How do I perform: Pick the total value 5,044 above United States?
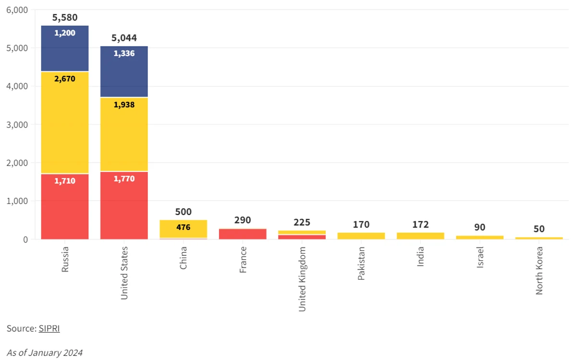[x=124, y=38]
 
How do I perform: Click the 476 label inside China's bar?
[x=183, y=227]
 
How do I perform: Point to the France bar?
[x=243, y=234]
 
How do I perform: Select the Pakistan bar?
[x=361, y=236]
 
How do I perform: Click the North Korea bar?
[x=539, y=238]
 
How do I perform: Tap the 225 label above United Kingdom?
[x=302, y=222]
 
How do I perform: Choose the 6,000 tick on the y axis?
[x=17, y=10]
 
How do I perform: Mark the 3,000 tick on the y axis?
[x=17, y=124]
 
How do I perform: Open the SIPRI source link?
[x=49, y=329]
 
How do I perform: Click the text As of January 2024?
[x=45, y=353]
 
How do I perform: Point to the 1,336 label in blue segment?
[x=124, y=53]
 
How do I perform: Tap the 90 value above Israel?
[x=480, y=227]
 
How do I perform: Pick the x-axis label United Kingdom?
[x=302, y=279]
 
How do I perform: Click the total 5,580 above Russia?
[x=65, y=18]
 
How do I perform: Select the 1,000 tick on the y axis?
[x=17, y=201]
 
